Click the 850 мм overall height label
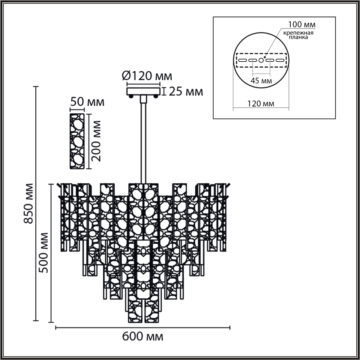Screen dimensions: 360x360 pos(28,203)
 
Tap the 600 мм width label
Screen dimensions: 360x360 pos(142,337)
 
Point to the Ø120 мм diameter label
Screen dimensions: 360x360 pos(147,76)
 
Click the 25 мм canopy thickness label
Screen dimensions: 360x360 pos(186,92)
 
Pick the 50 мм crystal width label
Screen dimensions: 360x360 pos(87,102)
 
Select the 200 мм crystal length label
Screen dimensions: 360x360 pos(96,141)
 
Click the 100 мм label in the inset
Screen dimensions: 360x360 pos(302,25)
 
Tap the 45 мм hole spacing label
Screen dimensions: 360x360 pos(261,81)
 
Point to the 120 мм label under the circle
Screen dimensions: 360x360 pos(261,103)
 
